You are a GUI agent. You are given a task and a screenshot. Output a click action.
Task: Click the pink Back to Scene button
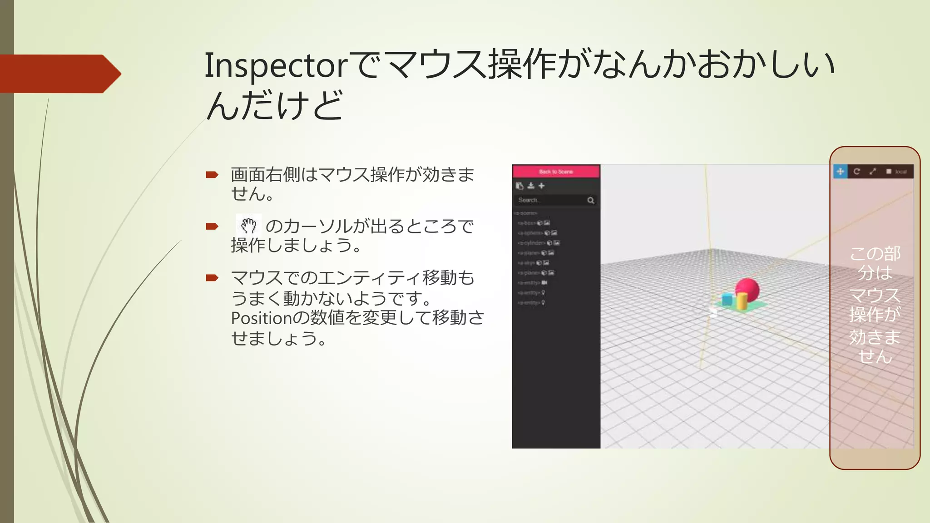[x=556, y=172]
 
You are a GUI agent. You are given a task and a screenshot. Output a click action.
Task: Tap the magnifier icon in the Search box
[x=590, y=200]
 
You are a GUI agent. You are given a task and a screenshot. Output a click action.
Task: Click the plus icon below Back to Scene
[x=541, y=186]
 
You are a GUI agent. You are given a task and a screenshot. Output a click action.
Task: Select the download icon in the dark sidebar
[x=531, y=186]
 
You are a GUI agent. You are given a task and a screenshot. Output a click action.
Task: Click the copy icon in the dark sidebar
[x=519, y=186]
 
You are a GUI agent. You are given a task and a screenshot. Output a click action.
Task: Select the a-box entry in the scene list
[x=527, y=223]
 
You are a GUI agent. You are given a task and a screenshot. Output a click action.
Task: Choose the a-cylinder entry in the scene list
[x=531, y=243]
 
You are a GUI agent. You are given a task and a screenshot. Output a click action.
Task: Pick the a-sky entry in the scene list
[x=527, y=263]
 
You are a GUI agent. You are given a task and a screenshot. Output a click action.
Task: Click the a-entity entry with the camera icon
[x=529, y=283]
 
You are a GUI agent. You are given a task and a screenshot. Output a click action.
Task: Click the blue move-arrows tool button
[x=841, y=172]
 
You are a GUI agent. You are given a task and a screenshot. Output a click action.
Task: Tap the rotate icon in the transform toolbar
[x=856, y=172]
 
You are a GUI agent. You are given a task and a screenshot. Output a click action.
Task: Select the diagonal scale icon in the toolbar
[x=872, y=172]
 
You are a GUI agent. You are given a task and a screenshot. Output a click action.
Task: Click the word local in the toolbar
[x=901, y=172]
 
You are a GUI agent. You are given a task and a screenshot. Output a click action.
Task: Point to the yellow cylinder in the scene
[x=742, y=301]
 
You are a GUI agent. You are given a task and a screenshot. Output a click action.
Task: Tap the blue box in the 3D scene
[x=727, y=300]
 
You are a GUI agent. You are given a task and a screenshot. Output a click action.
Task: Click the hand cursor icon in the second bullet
[x=248, y=225]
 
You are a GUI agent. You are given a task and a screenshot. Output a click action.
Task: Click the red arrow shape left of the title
[x=59, y=74]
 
